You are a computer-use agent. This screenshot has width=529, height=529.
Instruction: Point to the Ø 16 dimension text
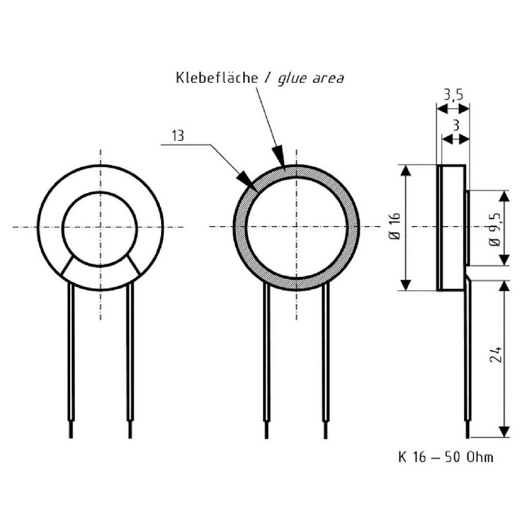coord(394,227)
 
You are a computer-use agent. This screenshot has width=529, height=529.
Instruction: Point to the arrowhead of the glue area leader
coord(279,158)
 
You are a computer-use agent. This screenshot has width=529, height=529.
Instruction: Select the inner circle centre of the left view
coord(101,227)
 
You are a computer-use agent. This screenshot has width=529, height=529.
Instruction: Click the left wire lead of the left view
coord(71,356)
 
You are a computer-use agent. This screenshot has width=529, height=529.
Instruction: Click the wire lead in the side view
coord(467,356)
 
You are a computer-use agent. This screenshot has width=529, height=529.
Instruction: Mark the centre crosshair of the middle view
coord(296,227)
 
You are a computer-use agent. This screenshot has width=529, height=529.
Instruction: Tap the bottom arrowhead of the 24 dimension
coord(504,432)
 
